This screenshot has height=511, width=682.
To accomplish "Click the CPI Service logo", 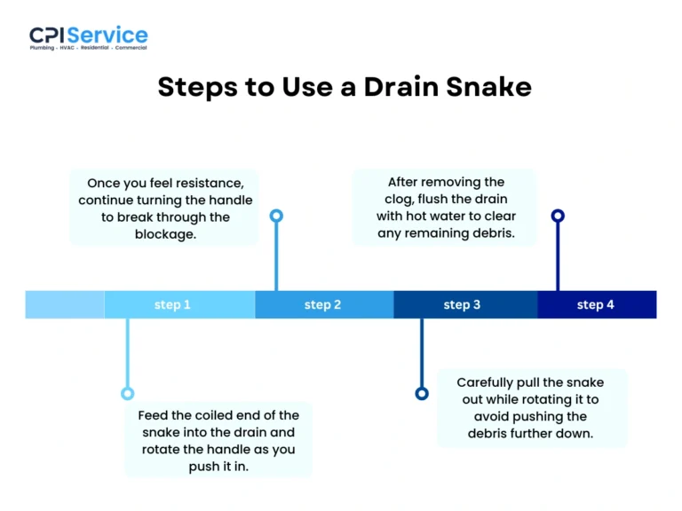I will point(88,36).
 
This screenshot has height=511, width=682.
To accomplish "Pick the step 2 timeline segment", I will point(323,304).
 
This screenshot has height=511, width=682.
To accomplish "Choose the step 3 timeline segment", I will point(464,304).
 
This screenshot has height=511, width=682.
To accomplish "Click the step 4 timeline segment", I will point(596,304).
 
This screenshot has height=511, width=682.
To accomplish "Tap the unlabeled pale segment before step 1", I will point(64,304).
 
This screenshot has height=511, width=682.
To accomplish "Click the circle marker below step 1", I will point(127,393).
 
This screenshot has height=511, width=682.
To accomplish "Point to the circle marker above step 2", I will point(276,216).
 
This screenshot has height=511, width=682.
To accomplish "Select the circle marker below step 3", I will point(422,393).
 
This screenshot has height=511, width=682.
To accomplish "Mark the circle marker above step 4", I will point(558,216).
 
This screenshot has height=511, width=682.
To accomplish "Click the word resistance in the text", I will point(203,184).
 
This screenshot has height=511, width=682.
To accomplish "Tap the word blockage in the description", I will point(165,234).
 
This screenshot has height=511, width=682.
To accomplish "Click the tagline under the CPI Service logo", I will point(88,48).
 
